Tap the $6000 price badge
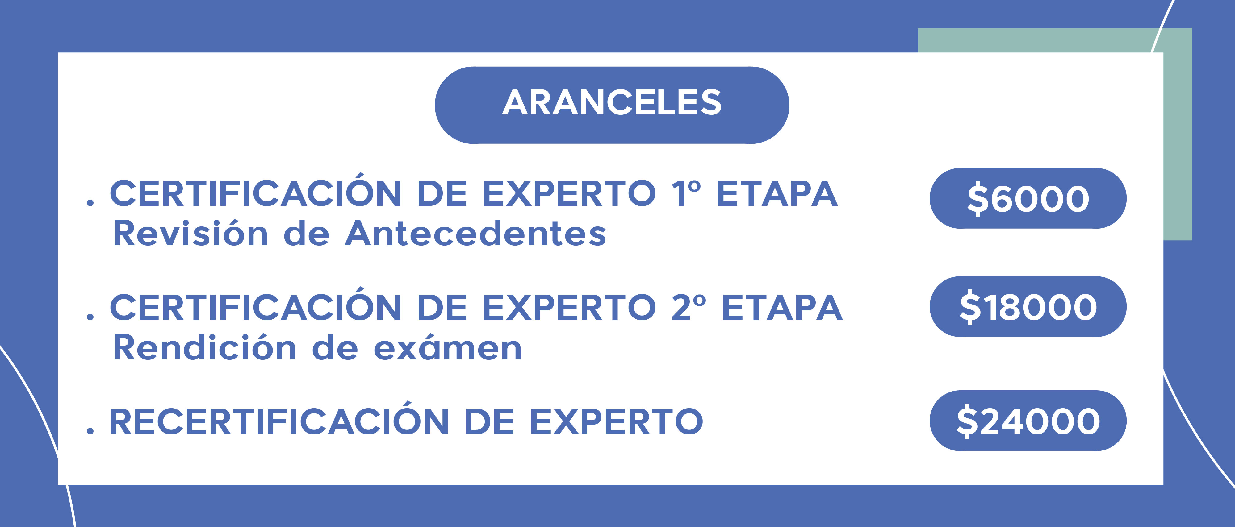[1028, 198]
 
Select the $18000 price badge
[1028, 307]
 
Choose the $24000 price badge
[1028, 421]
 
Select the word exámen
[448, 347]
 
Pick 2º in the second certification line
[689, 307]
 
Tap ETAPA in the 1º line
[777, 193]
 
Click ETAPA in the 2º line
[782, 307]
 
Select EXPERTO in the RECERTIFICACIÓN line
[617, 421]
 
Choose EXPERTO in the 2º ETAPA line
[569, 307]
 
